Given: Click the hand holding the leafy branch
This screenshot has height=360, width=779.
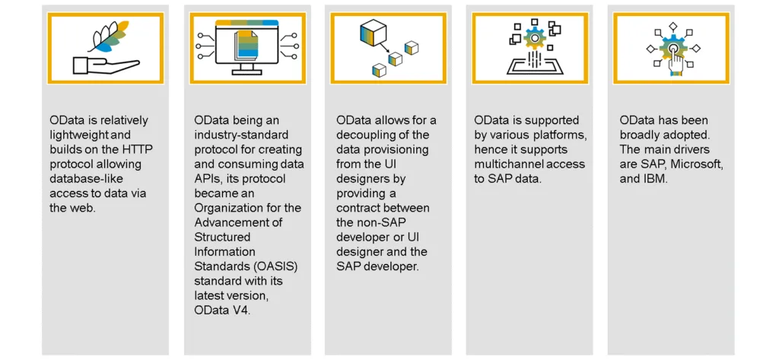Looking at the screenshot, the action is pos(105,65).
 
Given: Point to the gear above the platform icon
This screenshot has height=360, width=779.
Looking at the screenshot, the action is pos(535,38).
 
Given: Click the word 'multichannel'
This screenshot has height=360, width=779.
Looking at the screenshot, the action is pos(505,164).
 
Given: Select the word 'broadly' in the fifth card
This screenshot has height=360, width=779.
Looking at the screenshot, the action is pos(639,135).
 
